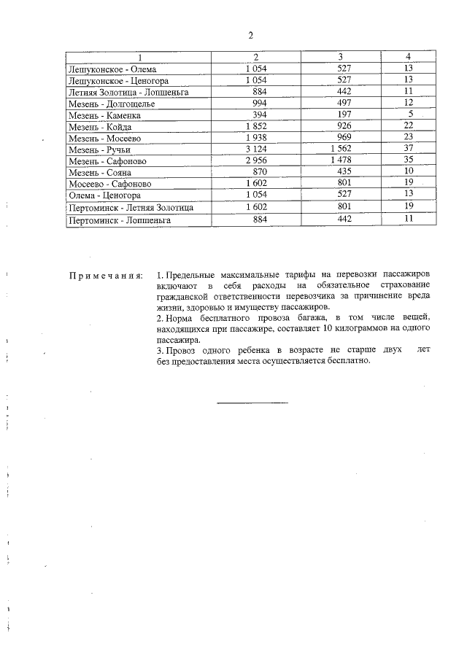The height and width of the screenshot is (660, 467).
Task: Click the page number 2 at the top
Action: click(x=250, y=35)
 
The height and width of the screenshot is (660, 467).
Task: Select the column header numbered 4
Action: click(x=408, y=57)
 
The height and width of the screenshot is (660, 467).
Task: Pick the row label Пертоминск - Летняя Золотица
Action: click(x=131, y=208)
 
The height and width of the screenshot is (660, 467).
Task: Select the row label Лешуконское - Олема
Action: click(x=107, y=69)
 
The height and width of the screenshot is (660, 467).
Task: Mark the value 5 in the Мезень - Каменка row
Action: click(x=411, y=114)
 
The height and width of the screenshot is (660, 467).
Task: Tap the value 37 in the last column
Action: click(x=409, y=149)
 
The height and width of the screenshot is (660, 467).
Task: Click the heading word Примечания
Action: click(x=105, y=276)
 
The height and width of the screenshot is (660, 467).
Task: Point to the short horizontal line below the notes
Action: click(x=253, y=402)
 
